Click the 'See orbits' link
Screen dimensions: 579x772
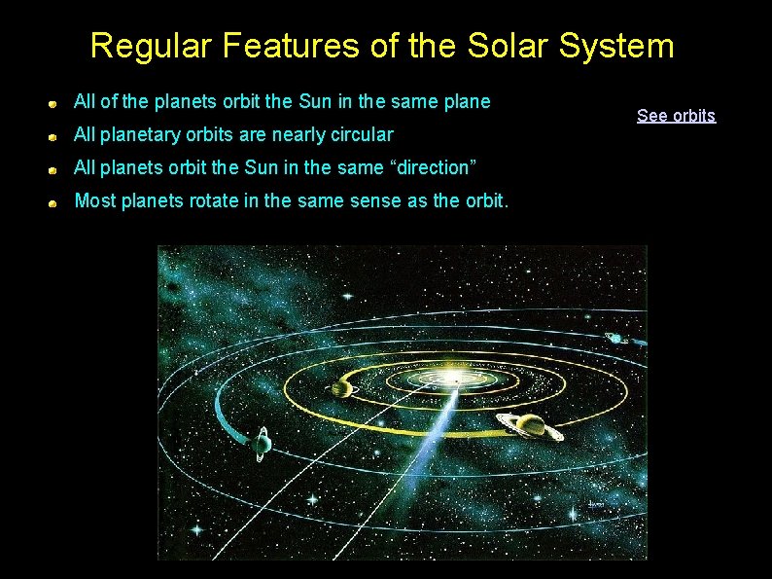676,116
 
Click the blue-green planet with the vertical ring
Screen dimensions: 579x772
261,444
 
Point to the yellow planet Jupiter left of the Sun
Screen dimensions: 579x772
342,390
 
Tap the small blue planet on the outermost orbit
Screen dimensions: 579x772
614,339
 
